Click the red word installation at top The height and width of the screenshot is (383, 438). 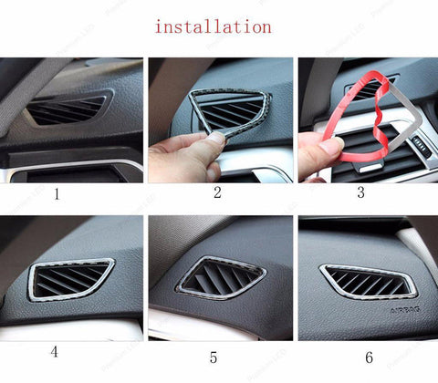point(213,26)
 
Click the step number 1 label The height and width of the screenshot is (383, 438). point(57,193)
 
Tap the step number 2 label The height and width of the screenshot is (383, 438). point(217,192)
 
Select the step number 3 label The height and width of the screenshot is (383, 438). point(360,192)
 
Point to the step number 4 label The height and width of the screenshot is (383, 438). point(55,351)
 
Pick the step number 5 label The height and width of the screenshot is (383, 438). point(214,356)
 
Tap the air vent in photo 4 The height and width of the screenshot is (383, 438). point(70,277)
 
